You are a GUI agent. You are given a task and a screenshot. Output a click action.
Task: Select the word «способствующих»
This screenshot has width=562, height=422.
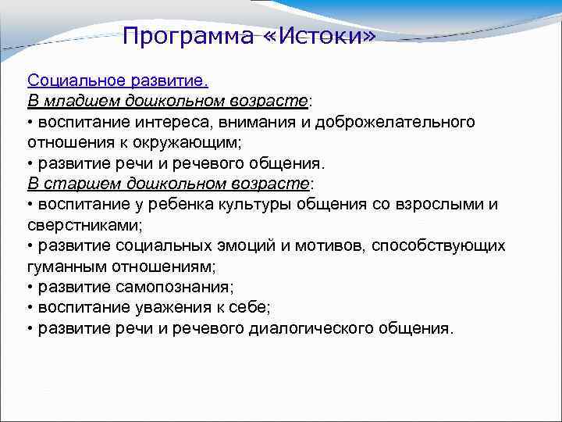438,246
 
